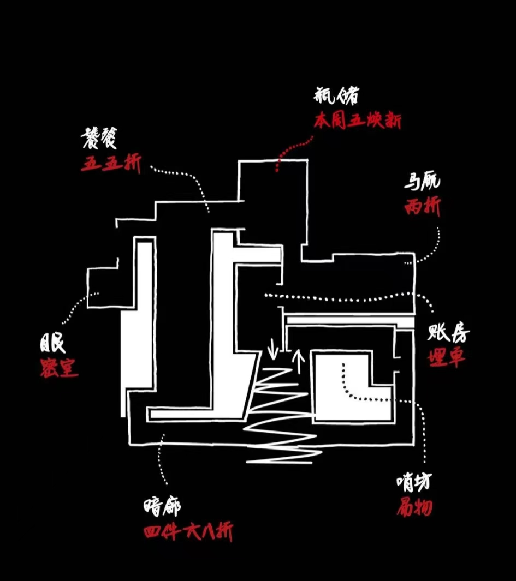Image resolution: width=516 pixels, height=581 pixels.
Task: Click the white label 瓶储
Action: coord(336,97)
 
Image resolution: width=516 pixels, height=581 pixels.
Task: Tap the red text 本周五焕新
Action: coord(357,121)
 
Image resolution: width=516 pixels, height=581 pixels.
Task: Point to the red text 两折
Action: coord(422,207)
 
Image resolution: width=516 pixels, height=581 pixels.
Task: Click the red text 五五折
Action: coord(111,164)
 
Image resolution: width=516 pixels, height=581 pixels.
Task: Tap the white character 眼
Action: coord(52,345)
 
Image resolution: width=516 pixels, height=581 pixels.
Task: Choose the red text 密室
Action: coord(58,369)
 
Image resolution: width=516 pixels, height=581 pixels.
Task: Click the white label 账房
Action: coord(448,333)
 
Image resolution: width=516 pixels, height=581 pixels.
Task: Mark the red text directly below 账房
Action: coord(447,357)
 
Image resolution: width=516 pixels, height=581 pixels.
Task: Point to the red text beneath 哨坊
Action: coord(414,507)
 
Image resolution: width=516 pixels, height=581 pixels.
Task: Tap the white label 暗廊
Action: coord(162,507)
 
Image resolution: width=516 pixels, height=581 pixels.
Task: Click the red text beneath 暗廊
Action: coord(188,531)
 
